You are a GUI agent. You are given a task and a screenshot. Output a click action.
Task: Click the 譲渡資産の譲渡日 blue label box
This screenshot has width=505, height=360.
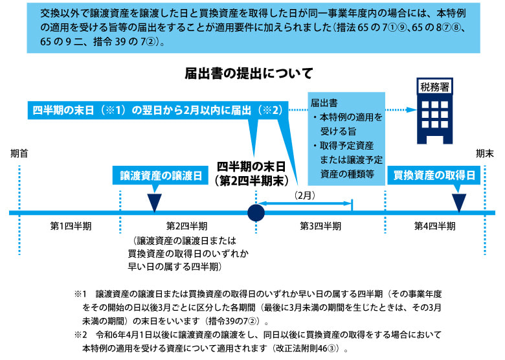(154, 175)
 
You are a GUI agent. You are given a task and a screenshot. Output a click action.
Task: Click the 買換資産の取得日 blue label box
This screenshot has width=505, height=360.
(434, 175)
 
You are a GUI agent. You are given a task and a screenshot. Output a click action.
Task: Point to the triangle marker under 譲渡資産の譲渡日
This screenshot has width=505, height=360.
(154, 201)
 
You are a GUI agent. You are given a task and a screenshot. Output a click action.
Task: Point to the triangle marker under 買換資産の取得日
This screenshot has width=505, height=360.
(459, 201)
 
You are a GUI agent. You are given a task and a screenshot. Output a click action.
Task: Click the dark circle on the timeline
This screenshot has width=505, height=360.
(256, 212)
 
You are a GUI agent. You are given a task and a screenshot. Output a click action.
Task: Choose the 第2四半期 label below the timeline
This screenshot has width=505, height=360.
(187, 227)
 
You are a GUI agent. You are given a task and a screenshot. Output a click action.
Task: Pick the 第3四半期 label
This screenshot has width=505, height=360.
(320, 227)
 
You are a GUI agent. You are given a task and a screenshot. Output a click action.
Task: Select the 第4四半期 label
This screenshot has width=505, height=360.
(434, 227)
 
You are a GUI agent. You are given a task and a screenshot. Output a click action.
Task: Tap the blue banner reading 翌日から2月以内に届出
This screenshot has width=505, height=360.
(158, 110)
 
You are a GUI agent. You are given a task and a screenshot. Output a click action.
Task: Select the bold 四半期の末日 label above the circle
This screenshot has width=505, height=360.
(252, 165)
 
